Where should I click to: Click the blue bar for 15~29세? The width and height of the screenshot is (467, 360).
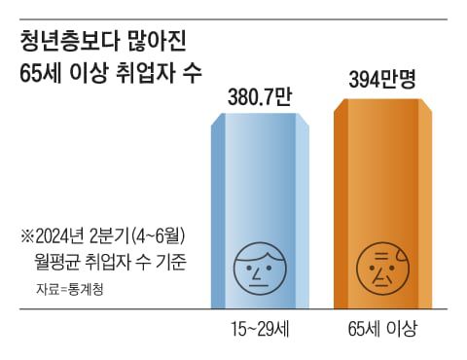(x=260, y=195)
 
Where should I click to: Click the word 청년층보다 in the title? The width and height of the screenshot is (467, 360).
(x=61, y=43)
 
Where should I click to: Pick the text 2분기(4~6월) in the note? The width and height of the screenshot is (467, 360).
(x=146, y=237)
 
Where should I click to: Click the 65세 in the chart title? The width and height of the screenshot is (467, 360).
(x=40, y=74)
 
